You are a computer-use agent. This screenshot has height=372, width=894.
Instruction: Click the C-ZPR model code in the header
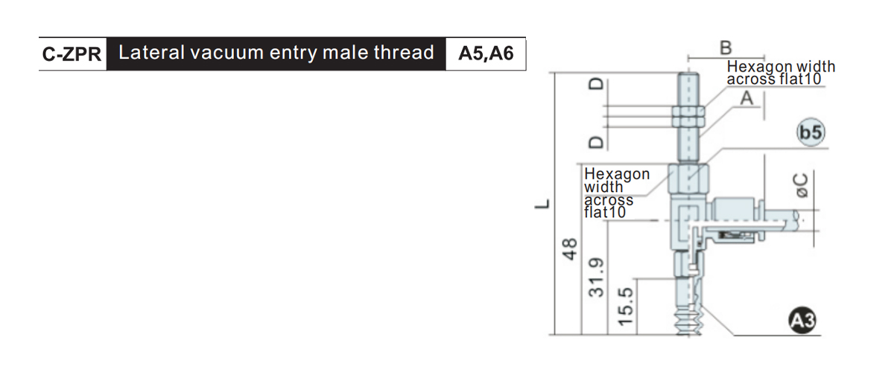[72, 54]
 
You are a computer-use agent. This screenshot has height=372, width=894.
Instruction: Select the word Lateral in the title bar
[152, 53]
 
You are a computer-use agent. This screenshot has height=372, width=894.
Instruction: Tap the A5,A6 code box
[486, 54]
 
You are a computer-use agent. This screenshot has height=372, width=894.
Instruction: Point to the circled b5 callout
[811, 132]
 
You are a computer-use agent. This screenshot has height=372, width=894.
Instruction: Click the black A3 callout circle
[802, 321]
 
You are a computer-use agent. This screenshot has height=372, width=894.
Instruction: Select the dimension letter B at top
[726, 48]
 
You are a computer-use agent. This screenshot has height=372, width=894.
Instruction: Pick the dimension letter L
[542, 204]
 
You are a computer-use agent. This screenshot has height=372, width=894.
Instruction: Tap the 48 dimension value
[569, 249]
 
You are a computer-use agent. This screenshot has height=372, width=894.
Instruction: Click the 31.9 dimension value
[597, 278]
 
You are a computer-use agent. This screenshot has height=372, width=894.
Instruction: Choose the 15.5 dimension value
[626, 307]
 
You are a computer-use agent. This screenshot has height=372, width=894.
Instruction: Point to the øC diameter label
[801, 185]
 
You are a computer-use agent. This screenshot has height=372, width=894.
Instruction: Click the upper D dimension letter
[597, 84]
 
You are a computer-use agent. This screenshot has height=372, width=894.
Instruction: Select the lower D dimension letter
[597, 142]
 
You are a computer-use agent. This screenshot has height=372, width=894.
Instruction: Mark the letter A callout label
[746, 98]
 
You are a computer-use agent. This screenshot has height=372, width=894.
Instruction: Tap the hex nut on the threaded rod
[688, 116]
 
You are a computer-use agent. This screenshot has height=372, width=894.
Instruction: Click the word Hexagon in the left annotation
[617, 174]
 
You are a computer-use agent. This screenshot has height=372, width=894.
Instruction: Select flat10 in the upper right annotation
[800, 79]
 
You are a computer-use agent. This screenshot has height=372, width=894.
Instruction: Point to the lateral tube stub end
[794, 220]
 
